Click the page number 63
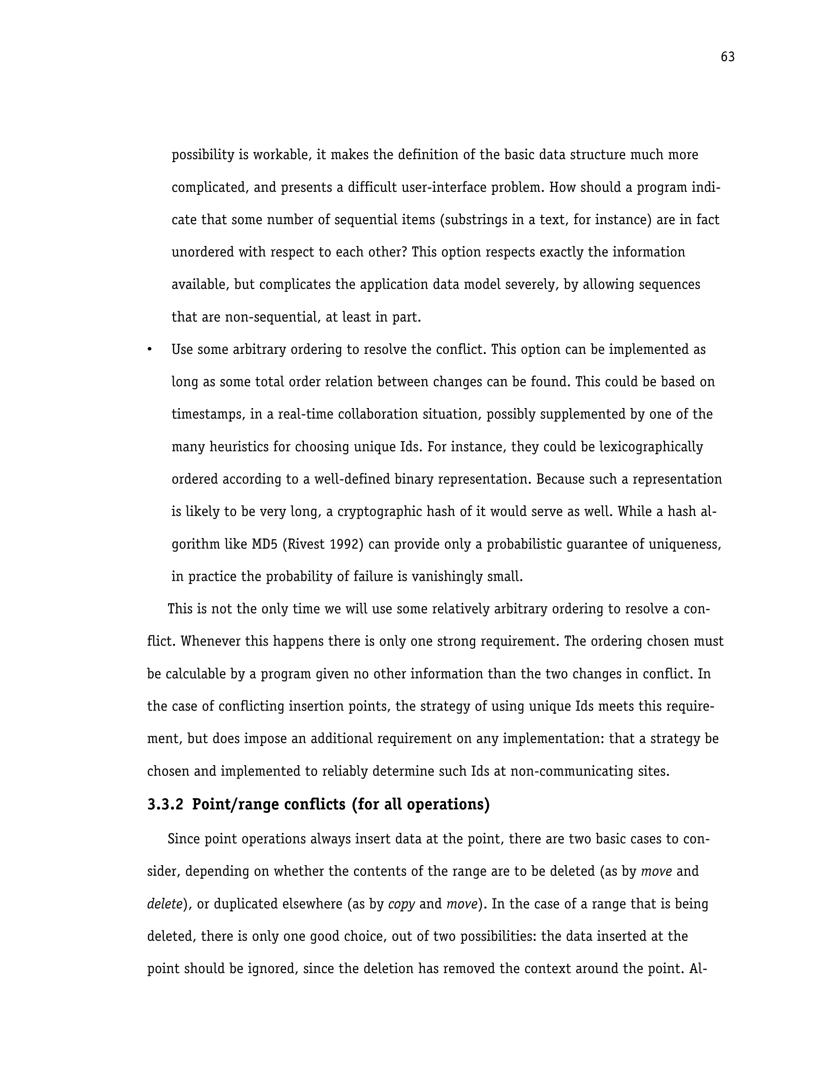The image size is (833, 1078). [x=727, y=57]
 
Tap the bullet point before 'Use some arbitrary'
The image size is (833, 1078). [x=149, y=350]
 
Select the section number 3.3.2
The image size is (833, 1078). [x=165, y=804]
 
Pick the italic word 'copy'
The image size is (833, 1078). [x=402, y=904]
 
